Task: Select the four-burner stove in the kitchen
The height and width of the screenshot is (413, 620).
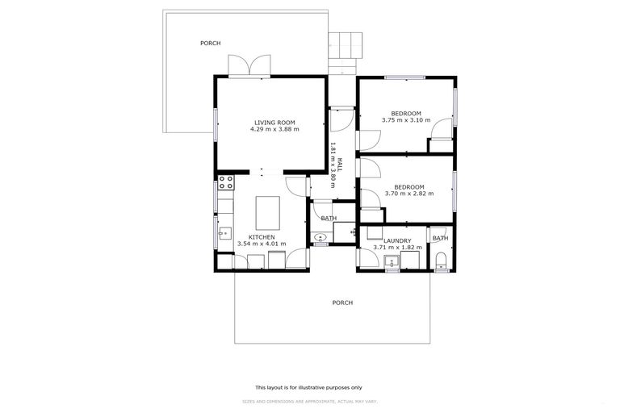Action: [x=225, y=182]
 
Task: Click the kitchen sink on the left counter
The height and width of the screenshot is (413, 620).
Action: [x=224, y=235]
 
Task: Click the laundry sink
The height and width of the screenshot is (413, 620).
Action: [x=392, y=261]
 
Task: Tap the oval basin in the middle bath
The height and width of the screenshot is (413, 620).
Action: [x=320, y=238]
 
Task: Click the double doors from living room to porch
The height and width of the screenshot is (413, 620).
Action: [x=248, y=65]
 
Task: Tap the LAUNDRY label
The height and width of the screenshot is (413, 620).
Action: [x=397, y=240]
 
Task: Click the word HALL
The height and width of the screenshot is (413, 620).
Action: [x=340, y=164]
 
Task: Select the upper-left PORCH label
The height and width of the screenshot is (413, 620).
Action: [x=210, y=43]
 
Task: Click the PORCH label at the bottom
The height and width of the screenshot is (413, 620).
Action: [x=342, y=302]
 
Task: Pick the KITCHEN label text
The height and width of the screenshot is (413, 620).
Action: [x=262, y=237]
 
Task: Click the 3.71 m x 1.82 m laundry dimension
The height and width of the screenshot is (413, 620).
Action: [x=397, y=247]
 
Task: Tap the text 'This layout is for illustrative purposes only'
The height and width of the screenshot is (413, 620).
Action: [x=309, y=387]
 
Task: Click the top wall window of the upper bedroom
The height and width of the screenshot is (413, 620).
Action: [x=404, y=77]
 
